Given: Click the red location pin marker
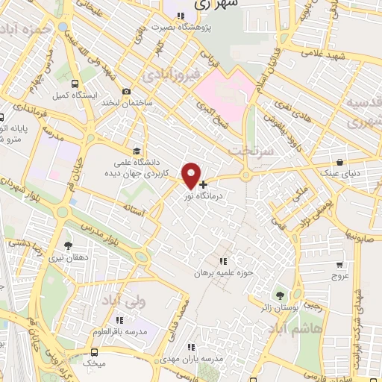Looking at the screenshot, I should pos(192,175).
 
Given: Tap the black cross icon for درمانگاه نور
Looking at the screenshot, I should pos(203,184).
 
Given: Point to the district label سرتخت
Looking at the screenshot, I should pos(259,150).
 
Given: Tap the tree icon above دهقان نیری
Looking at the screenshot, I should pos(69,245).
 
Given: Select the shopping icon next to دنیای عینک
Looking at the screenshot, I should pos(340,162).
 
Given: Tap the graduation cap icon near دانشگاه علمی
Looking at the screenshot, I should pos(136,149).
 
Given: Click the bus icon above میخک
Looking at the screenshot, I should pos(94,351).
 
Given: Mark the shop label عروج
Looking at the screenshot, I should pos(341,276).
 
